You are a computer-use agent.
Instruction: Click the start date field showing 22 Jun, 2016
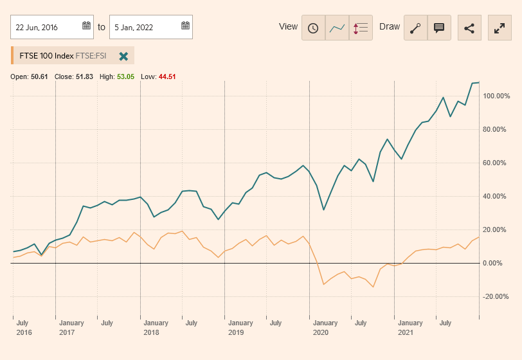point(45,27)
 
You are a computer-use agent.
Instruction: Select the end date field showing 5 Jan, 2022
point(145,27)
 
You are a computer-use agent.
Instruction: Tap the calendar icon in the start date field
point(86,26)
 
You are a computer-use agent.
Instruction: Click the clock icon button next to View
point(313,28)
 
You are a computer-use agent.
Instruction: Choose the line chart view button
point(337,28)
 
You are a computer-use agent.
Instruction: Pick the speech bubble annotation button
point(439,28)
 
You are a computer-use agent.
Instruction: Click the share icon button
point(469,28)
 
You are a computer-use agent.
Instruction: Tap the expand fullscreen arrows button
point(500,28)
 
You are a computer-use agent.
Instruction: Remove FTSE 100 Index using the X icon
point(123,56)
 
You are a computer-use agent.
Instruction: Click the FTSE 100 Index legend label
point(46,56)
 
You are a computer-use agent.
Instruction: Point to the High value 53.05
point(125,76)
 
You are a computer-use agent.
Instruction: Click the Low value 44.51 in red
point(167,76)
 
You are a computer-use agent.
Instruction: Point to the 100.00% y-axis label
point(497,96)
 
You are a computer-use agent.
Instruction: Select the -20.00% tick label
point(497,296)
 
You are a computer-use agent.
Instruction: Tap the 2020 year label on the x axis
point(321,333)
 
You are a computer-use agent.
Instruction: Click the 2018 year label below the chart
point(151,333)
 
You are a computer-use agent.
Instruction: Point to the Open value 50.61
point(39,76)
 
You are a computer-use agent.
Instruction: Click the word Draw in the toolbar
point(390,27)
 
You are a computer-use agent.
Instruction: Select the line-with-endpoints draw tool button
point(415,28)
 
